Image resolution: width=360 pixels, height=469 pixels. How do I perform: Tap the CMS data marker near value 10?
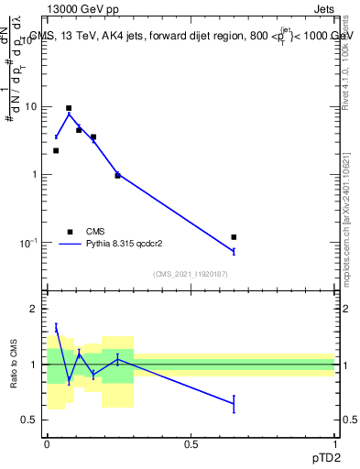click(69, 108)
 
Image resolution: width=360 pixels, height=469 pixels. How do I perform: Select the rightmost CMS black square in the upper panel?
click(234, 237)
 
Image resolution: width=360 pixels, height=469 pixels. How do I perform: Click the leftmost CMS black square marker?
click(56, 150)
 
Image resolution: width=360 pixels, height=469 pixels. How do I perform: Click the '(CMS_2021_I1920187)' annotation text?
click(191, 274)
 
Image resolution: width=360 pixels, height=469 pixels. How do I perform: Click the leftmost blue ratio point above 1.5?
click(56, 327)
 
